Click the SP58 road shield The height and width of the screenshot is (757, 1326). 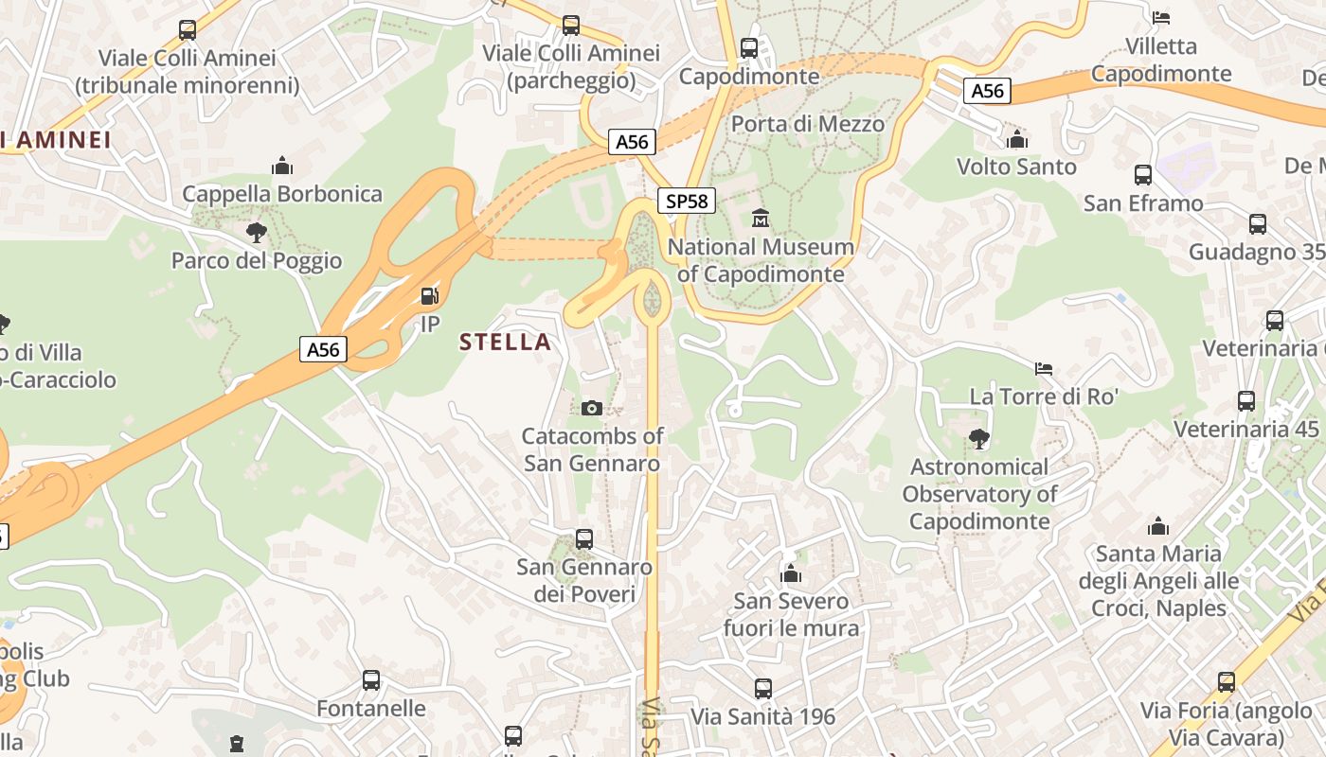(687, 201)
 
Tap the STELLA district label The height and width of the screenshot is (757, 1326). (505, 342)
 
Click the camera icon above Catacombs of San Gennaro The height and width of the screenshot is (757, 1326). (592, 408)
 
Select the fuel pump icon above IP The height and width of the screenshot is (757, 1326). (429, 296)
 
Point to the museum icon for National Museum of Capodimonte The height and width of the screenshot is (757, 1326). (760, 220)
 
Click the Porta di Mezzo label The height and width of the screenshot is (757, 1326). (808, 124)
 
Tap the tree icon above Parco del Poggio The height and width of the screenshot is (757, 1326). (256, 232)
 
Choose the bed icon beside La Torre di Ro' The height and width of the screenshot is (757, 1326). (1044, 367)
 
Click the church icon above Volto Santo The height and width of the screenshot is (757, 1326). (1017, 140)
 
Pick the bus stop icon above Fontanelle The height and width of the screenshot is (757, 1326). (371, 680)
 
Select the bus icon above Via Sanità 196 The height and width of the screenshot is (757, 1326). (763, 689)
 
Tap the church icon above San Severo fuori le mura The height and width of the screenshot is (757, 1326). (791, 573)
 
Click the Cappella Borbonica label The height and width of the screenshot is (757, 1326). (282, 194)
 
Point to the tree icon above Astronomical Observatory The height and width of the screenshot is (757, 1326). (979, 438)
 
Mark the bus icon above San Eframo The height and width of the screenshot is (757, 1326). (1143, 175)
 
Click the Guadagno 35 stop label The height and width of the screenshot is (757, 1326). (1256, 252)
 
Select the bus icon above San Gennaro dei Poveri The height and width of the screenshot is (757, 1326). (584, 539)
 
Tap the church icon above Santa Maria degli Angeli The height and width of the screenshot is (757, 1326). (1157, 526)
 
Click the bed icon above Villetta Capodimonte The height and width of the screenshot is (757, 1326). (1161, 18)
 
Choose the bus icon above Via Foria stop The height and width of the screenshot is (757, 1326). (1227, 681)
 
